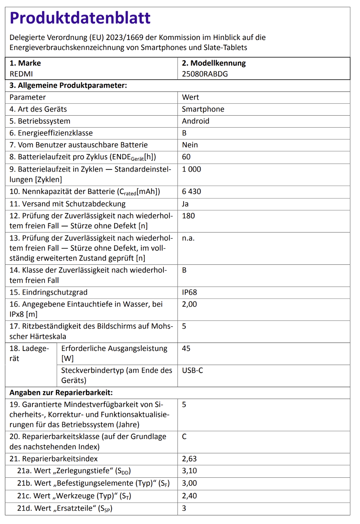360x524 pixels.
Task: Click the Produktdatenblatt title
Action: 80,18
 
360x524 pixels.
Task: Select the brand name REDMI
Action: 21,74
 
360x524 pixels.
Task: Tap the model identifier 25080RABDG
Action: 205,74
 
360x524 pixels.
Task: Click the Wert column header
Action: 190,97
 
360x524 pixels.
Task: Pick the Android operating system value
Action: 195,121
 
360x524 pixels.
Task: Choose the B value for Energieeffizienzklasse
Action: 184,133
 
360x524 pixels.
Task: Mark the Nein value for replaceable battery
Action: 190,145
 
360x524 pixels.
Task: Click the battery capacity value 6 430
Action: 191,192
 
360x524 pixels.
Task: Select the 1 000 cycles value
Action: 191,169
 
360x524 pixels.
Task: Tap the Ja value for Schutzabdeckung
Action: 185,204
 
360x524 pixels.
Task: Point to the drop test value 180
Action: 188,216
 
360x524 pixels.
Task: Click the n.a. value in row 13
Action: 188,238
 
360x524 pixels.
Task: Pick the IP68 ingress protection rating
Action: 189,292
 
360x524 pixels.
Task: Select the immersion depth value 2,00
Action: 189,304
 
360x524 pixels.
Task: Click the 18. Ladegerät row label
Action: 29,353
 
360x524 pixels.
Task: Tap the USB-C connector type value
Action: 192,371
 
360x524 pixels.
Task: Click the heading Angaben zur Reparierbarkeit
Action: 61,393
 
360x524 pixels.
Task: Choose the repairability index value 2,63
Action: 189,459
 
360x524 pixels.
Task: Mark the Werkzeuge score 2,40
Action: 189,496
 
